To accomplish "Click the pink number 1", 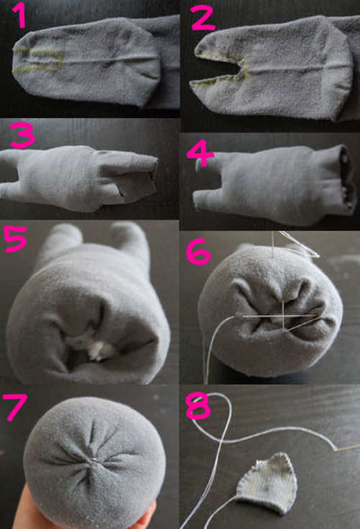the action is tap(19, 16).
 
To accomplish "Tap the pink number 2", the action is tap(203, 19).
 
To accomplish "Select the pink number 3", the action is tap(22, 135).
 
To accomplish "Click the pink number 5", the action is tap(15, 239).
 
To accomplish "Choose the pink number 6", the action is tap(199, 251).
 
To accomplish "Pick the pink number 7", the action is tap(14, 407).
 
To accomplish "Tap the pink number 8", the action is tap(199, 407).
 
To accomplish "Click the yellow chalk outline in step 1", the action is tap(38, 60).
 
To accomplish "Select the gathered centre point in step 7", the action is tap(96, 458).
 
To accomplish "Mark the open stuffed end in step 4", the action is tap(348, 178).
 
